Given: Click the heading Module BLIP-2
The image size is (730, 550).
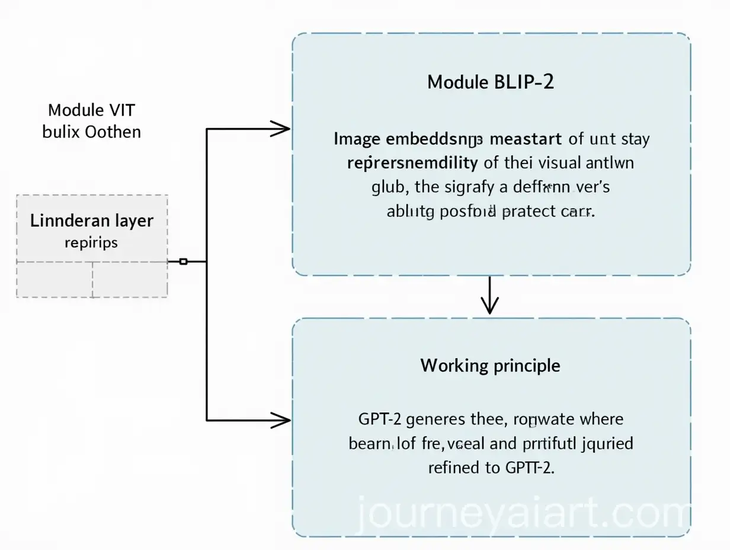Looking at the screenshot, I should pyautogui.click(x=491, y=82).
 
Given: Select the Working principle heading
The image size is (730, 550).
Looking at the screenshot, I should pyautogui.click(x=490, y=365).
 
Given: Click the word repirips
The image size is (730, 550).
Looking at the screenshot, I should pyautogui.click(x=92, y=242).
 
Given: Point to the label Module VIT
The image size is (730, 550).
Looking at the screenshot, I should pyautogui.click(x=92, y=110).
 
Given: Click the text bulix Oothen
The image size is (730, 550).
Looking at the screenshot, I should pyautogui.click(x=92, y=131).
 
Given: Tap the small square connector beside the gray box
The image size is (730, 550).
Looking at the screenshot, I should pyautogui.click(x=183, y=261).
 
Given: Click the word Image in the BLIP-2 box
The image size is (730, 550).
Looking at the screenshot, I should pyautogui.click(x=357, y=140).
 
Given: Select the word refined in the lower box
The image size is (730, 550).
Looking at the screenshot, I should pyautogui.click(x=453, y=468).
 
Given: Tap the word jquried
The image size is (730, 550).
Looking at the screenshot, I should pyautogui.click(x=606, y=444).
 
